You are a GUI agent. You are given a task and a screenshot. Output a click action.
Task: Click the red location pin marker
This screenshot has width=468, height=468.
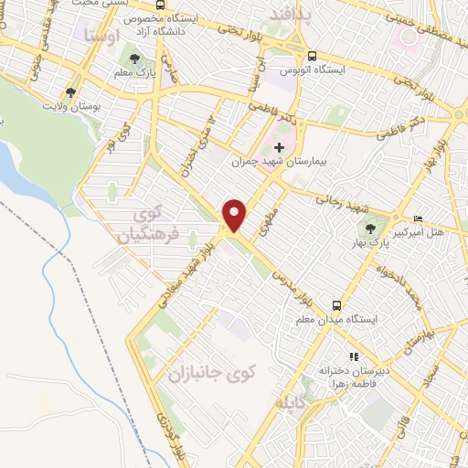point(236,215)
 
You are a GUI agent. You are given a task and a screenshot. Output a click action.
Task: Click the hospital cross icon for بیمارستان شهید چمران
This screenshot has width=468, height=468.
point(280,146)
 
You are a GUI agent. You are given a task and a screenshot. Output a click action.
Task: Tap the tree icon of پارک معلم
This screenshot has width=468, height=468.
point(135,59)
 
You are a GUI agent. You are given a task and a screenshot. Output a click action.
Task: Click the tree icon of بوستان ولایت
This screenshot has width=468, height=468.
point(70,92)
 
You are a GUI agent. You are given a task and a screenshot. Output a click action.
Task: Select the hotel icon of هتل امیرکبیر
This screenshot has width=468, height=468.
point(419,218)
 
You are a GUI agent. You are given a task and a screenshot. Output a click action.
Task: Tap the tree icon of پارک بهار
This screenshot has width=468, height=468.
point(370,229)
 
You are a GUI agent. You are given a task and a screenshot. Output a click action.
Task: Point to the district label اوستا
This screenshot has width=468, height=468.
point(100,37)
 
